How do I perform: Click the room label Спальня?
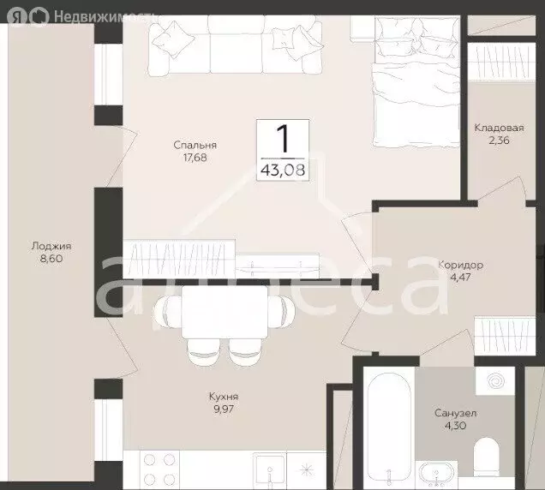[195, 145]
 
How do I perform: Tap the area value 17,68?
[195, 158]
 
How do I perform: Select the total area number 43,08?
[283, 170]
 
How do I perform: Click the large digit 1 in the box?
[283, 139]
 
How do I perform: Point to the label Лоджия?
[51, 247]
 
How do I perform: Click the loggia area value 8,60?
[51, 259]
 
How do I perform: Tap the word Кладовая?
[499, 128]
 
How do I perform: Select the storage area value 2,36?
[499, 140]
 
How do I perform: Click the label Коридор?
[460, 266]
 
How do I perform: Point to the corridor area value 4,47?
[460, 278]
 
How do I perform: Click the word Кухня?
[224, 397]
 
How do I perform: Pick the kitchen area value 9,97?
[224, 409]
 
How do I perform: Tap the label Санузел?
[455, 413]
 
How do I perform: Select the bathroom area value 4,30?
[455, 426]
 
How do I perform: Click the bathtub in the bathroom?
[389, 428]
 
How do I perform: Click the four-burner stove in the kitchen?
[159, 469]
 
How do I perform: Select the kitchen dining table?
[225, 312]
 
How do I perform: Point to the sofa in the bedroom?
[236, 45]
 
